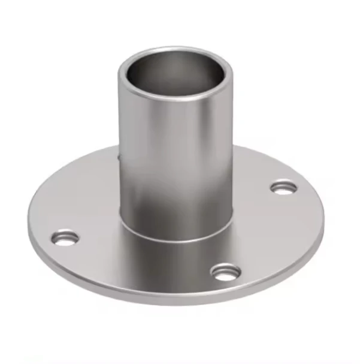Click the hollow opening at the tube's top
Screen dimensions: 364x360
[175, 75]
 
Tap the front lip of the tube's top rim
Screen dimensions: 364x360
[175, 96]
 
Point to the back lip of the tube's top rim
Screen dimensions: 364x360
[175, 49]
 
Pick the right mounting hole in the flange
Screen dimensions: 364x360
[283, 188]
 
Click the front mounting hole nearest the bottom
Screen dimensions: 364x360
[226, 273]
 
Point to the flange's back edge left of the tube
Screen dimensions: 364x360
[84, 165]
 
